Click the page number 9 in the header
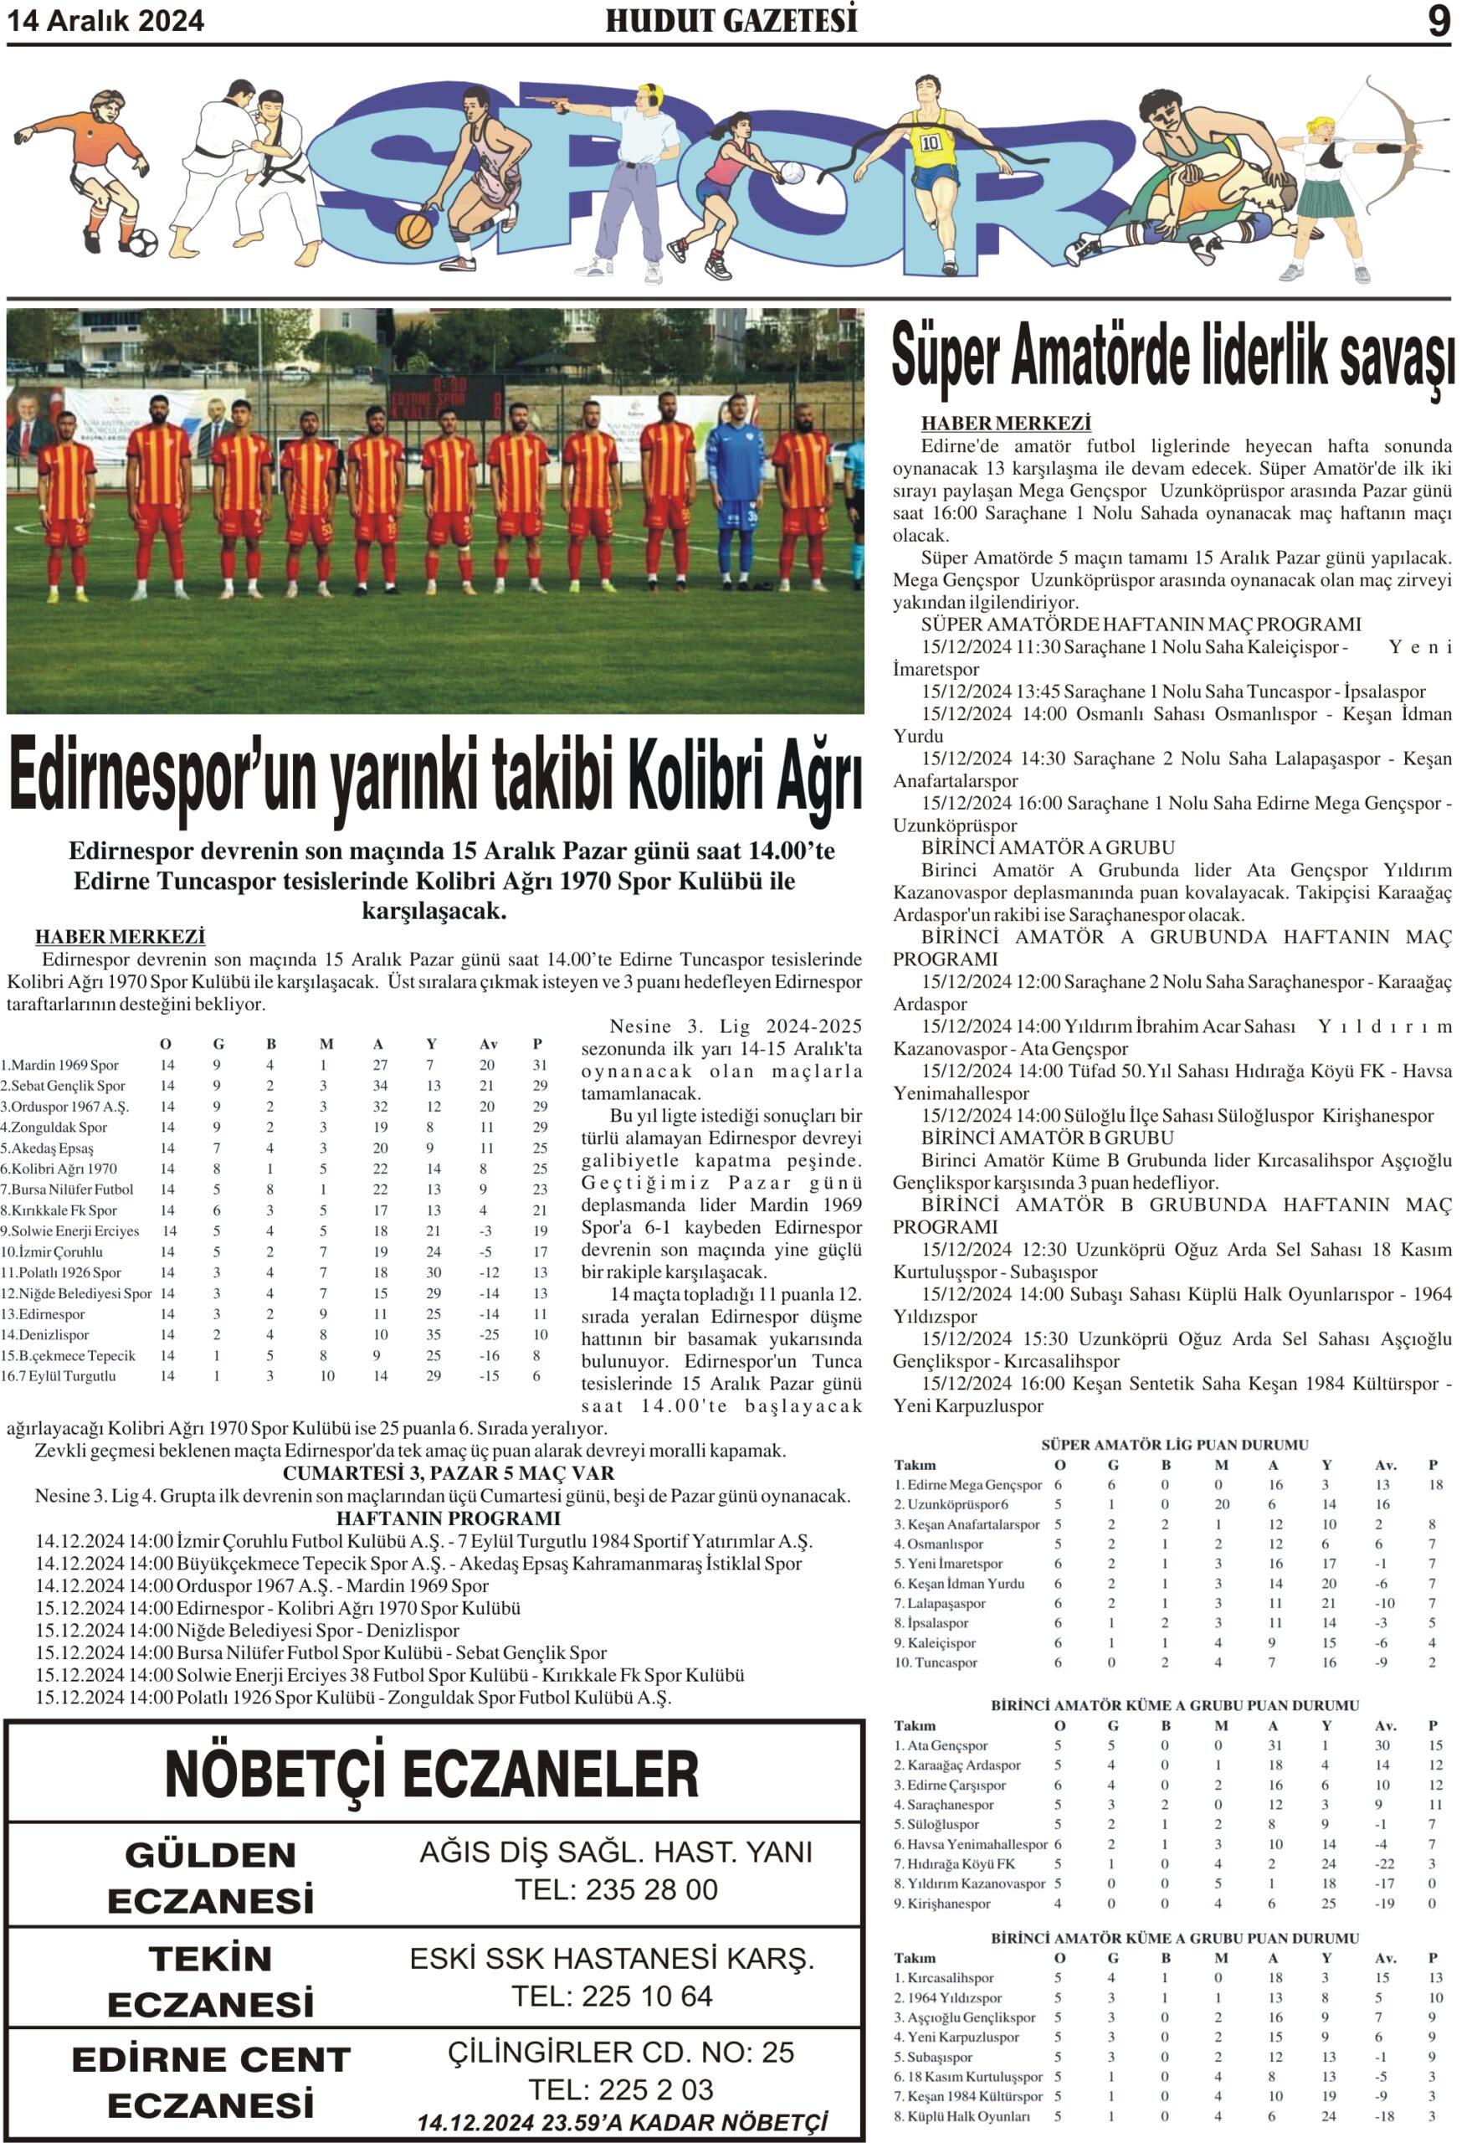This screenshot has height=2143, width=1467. (1439, 20)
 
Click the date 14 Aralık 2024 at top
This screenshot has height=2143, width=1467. (106, 21)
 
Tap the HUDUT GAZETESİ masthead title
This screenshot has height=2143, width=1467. (731, 21)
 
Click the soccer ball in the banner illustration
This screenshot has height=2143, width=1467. (141, 243)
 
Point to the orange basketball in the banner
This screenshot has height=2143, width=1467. (413, 229)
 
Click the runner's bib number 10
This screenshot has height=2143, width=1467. (930, 143)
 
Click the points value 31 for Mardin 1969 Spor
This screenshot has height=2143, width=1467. (540, 1065)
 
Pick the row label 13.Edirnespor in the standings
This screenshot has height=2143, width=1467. (44, 1314)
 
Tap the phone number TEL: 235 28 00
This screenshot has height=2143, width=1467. (616, 1889)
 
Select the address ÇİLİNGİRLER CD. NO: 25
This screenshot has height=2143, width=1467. (621, 2053)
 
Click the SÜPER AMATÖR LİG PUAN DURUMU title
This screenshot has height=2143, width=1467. (1175, 1445)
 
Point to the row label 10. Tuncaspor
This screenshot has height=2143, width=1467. (935, 1662)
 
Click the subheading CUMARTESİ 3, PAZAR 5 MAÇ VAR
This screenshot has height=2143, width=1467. (448, 1473)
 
